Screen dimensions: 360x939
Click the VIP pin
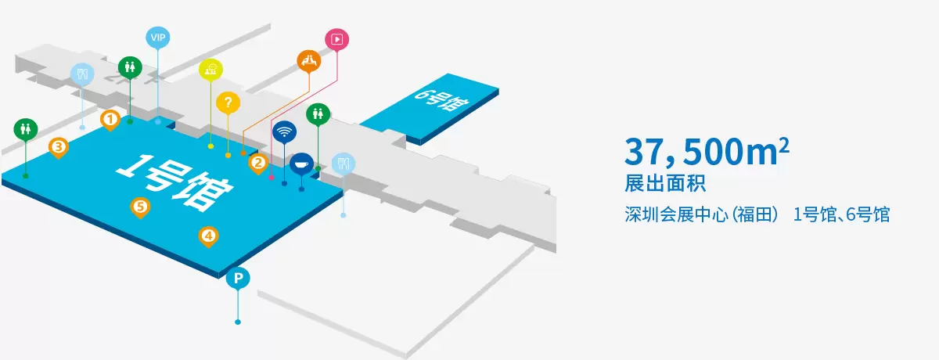(159, 38)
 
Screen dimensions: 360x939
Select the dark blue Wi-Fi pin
(284, 131)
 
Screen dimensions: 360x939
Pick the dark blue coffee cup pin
(301, 164)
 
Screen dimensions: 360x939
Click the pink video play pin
(336, 38)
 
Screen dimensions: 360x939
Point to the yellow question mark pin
(228, 102)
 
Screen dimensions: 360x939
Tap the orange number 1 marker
(110, 120)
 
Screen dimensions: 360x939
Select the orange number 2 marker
(257, 163)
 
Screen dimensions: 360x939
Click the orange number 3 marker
(58, 146)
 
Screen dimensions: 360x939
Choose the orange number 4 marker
(207, 235)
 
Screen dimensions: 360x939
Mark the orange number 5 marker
(140, 207)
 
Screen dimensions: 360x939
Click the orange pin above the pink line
(309, 60)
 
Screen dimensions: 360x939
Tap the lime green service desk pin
(210, 70)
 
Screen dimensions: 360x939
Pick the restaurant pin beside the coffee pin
(344, 163)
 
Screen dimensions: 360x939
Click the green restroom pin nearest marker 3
(26, 128)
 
